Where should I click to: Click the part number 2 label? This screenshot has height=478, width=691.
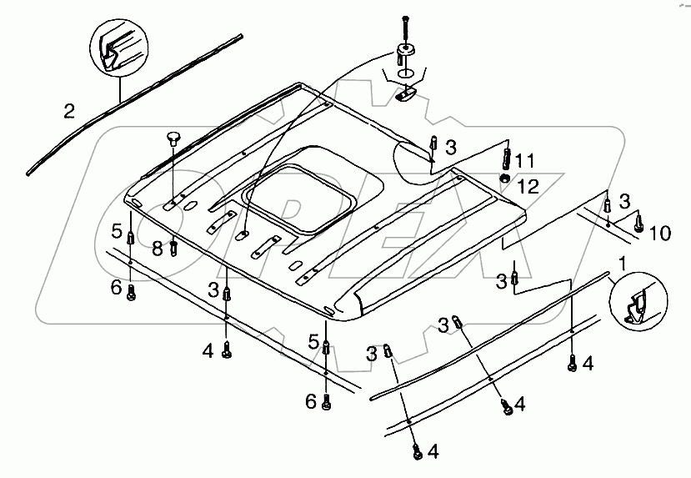(x=69, y=110)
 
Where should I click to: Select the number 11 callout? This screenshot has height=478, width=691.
(x=525, y=159)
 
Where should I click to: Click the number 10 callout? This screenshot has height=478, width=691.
(x=658, y=233)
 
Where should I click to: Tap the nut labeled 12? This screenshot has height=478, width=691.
(x=504, y=178)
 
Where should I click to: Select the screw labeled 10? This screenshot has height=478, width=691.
(x=638, y=223)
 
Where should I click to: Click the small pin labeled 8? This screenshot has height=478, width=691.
(x=173, y=248)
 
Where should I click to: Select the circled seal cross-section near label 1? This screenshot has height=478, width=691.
(x=639, y=304)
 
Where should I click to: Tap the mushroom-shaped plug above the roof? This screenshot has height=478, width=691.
(x=173, y=137)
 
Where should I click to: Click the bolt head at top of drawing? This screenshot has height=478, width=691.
(x=405, y=18)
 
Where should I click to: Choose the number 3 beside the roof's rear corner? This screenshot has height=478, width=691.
(x=451, y=148)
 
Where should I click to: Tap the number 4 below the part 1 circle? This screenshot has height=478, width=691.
(x=588, y=363)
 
